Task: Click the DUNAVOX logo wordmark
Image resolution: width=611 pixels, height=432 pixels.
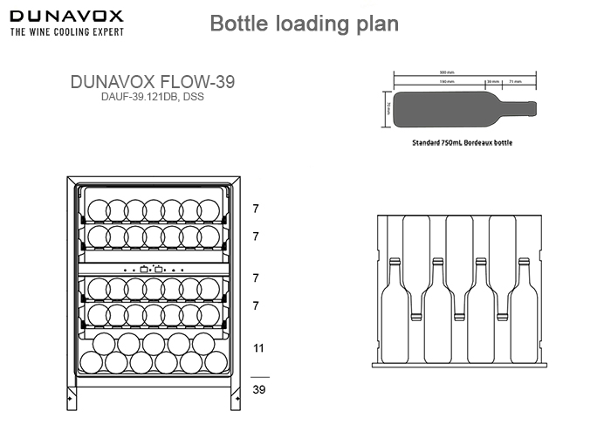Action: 65,16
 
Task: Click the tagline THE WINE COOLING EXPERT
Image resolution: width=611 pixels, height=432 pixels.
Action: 66,32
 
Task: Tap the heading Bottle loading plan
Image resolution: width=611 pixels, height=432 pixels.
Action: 305,24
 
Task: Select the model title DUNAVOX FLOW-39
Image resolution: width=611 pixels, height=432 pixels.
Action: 151,81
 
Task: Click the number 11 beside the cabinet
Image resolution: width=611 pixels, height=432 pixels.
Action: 257,347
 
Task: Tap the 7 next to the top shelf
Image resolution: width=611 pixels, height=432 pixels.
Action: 256,209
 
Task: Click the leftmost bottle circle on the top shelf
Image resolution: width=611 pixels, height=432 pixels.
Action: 96,210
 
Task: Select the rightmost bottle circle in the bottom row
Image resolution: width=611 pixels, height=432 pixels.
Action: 216,361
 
